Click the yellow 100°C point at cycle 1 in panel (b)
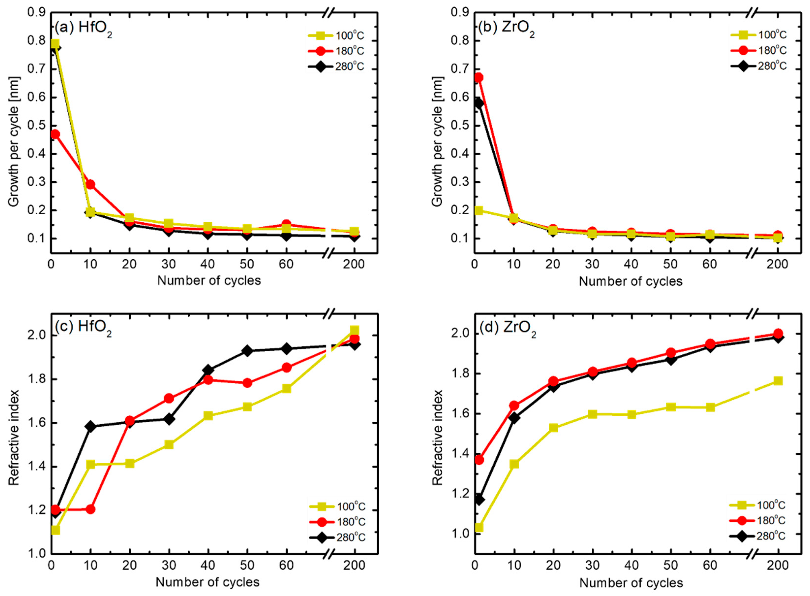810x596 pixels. (478, 210)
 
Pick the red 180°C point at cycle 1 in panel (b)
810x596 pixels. (478, 78)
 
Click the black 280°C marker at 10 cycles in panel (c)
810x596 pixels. (90, 427)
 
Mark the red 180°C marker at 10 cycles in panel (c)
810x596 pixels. (90, 509)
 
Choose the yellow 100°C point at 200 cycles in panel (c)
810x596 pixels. (354, 330)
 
